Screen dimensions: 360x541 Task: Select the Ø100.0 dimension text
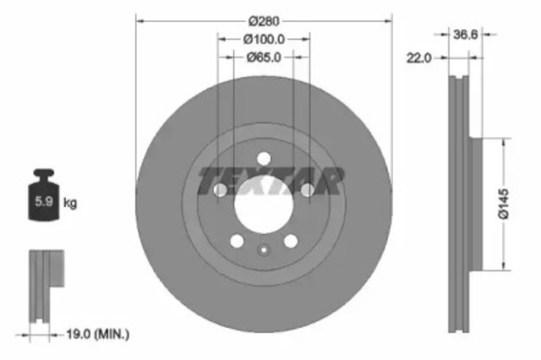pyautogui.click(x=264, y=38)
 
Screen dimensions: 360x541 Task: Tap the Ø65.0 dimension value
pyautogui.click(x=264, y=57)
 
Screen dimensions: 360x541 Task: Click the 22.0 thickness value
pyautogui.click(x=419, y=57)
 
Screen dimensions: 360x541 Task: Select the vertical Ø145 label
pyautogui.click(x=504, y=204)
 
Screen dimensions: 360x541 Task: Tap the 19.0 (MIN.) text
pyautogui.click(x=99, y=335)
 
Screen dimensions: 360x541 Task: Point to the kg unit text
pyautogui.click(x=71, y=203)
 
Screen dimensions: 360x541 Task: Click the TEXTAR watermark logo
pyautogui.click(x=270, y=180)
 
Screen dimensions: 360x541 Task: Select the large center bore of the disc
pyautogui.click(x=263, y=204)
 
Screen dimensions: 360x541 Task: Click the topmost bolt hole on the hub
pyautogui.click(x=264, y=158)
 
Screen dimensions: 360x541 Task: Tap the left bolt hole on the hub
pyautogui.click(x=220, y=191)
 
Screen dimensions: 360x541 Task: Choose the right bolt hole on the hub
pyautogui.click(x=307, y=191)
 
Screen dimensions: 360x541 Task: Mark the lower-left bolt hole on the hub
pyautogui.click(x=237, y=241)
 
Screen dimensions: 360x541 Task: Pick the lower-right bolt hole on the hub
pyautogui.click(x=290, y=241)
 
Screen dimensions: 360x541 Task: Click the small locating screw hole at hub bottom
pyautogui.click(x=264, y=249)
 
